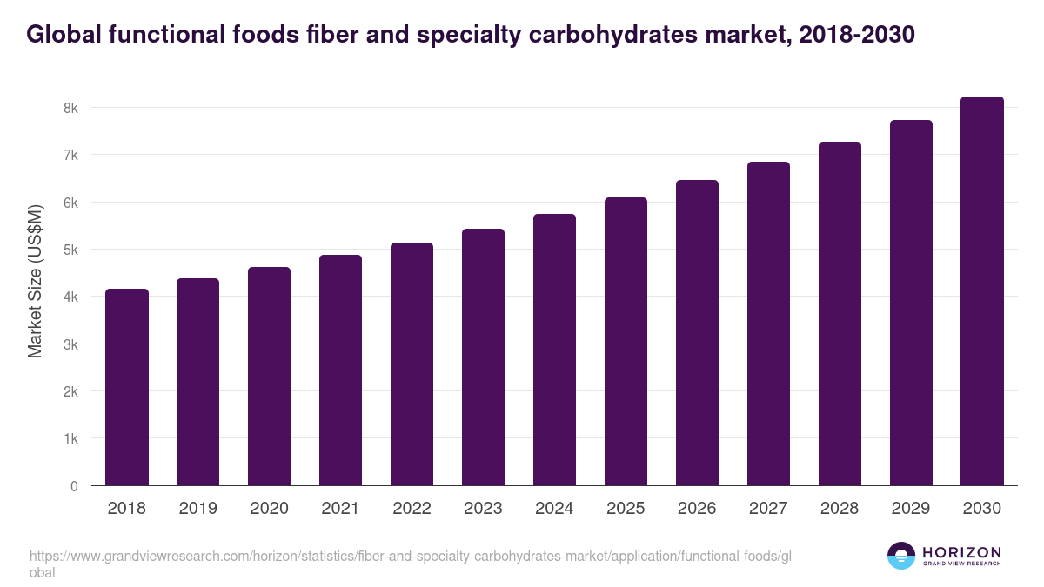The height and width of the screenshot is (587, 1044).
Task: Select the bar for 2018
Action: (127, 387)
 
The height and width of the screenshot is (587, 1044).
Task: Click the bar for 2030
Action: (982, 291)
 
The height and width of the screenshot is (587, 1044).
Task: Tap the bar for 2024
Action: (554, 350)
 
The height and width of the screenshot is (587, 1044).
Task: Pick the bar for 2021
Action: (340, 370)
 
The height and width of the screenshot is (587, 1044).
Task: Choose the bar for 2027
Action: (768, 324)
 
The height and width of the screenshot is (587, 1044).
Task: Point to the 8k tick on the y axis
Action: (70, 108)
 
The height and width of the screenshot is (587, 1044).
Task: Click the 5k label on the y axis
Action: (70, 250)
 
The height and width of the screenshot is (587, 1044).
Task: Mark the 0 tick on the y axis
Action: (74, 486)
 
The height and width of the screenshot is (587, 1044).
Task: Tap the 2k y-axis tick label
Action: (70, 391)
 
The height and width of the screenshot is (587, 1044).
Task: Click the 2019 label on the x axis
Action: (198, 509)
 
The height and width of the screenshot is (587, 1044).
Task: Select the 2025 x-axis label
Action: (626, 509)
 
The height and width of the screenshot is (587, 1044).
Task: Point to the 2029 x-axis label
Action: (911, 509)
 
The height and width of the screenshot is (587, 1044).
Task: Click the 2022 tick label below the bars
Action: (412, 509)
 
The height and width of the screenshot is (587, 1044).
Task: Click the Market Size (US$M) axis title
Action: (35, 281)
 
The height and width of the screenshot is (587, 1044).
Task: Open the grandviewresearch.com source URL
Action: (409, 557)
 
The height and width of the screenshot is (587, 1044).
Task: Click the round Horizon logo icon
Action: (901, 556)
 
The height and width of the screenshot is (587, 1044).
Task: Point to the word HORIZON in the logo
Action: (961, 552)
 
